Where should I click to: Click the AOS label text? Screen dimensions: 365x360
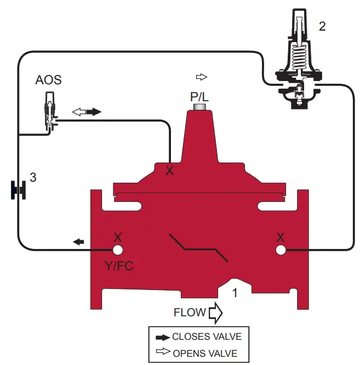(48, 80)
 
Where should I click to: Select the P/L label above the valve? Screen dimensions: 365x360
(200, 96)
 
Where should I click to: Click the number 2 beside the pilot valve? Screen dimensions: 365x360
(322, 26)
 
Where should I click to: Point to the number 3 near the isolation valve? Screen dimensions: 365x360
(33, 177)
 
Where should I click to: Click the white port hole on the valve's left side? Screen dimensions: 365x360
(117, 250)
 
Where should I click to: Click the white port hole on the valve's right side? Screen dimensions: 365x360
(281, 250)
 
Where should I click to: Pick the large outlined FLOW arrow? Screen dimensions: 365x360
(215, 313)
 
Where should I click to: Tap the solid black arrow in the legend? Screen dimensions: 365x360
(162, 337)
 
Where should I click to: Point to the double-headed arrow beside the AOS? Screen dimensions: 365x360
(87, 112)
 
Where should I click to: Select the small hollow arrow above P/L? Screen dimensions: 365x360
(201, 76)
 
